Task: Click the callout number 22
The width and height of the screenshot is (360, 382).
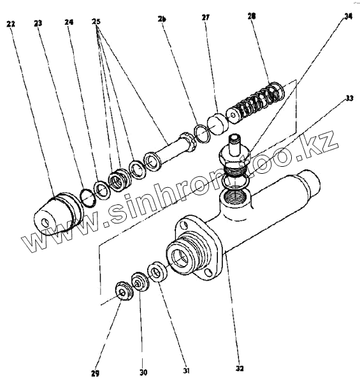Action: click(x=10, y=24)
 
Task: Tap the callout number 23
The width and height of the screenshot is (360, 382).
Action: click(x=38, y=23)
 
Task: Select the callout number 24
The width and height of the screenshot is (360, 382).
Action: click(x=69, y=22)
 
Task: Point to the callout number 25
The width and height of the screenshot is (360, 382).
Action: click(x=96, y=22)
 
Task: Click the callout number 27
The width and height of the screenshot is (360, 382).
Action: click(x=205, y=18)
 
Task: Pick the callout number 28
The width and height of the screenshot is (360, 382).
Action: click(x=252, y=17)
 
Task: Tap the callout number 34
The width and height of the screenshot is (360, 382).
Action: click(x=348, y=17)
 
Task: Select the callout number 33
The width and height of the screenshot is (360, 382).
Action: click(x=349, y=98)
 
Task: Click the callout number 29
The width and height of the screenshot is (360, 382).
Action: click(x=96, y=373)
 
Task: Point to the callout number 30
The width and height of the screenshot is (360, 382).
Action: click(x=143, y=372)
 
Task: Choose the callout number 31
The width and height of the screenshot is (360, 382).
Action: click(x=186, y=371)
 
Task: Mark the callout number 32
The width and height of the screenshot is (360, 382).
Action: click(x=240, y=369)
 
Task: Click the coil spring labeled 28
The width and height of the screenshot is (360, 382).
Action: click(x=256, y=103)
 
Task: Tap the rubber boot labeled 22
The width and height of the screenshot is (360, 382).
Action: click(x=58, y=214)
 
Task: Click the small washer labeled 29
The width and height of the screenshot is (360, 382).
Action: click(x=124, y=291)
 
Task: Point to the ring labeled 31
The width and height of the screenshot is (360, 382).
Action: click(x=157, y=271)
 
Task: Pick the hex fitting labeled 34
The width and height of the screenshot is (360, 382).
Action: click(x=234, y=156)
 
